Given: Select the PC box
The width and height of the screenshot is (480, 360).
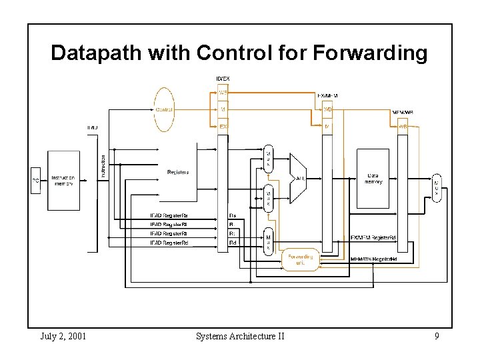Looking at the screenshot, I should pyautogui.click(x=35, y=180).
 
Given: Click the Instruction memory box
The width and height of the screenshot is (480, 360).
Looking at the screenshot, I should pyautogui.click(x=62, y=181).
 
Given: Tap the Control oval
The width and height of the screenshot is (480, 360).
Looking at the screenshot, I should pyautogui.click(x=164, y=109).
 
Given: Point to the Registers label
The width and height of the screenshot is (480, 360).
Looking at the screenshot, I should pyautogui.click(x=177, y=172).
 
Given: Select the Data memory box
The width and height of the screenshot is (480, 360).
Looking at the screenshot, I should pyautogui.click(x=373, y=178).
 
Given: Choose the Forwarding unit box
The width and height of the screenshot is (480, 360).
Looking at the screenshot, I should pyautogui.click(x=300, y=259).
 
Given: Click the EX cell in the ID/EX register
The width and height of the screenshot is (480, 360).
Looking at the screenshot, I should pyautogui.click(x=223, y=125).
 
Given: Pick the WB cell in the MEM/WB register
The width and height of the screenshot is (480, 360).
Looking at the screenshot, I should pyautogui.click(x=403, y=126).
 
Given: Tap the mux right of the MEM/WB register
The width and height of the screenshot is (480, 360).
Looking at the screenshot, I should pyautogui.click(x=437, y=187).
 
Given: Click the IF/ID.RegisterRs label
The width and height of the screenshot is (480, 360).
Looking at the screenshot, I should pyautogui.click(x=168, y=215).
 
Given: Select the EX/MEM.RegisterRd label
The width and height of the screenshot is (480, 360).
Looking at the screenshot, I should pyautogui.click(x=374, y=237).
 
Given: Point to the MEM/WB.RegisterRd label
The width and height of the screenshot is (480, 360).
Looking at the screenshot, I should pyautogui.click(x=374, y=259).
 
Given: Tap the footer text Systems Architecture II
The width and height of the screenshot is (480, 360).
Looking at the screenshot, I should pyautogui.click(x=240, y=336).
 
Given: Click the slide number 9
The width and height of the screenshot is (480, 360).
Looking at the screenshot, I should pyautogui.click(x=437, y=336).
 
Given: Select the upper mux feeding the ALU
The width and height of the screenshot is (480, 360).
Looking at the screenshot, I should pyautogui.click(x=268, y=159).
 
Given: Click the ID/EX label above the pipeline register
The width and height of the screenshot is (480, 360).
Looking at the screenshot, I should pyautogui.click(x=223, y=79).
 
